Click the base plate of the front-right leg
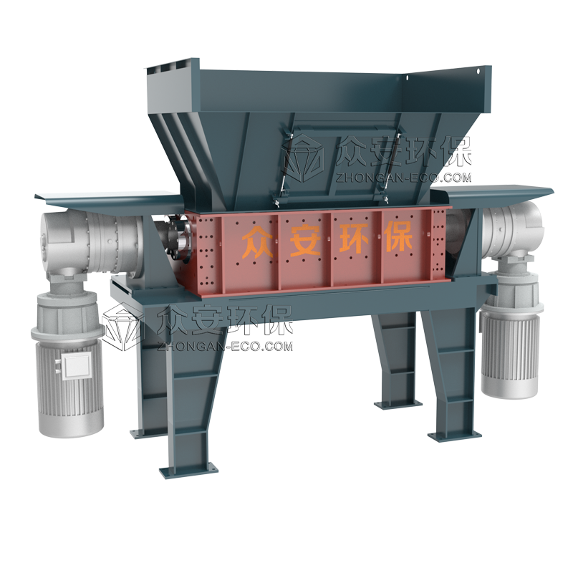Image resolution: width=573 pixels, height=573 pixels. click(x=453, y=435)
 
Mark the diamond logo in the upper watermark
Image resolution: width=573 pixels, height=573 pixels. click(x=307, y=158)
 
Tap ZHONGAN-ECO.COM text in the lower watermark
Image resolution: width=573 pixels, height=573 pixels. click(x=223, y=346)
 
